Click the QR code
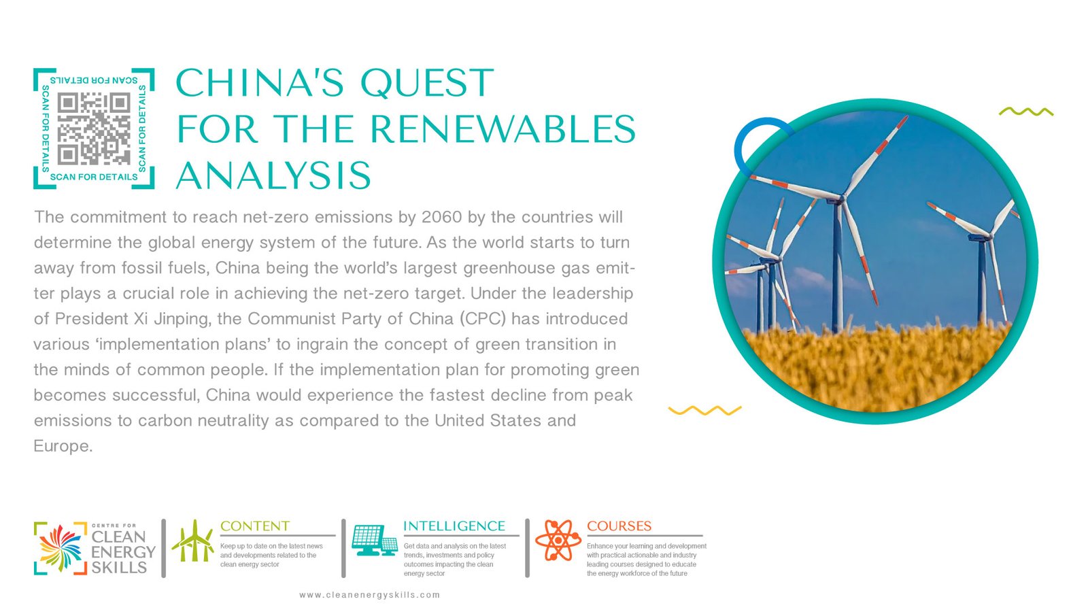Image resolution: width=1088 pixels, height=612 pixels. (x=94, y=129)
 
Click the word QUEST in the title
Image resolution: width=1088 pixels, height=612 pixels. (x=427, y=83)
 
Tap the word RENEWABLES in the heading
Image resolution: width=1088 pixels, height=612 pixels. (x=503, y=129)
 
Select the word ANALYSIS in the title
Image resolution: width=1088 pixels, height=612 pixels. (x=273, y=175)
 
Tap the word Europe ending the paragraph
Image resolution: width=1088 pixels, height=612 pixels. (x=63, y=446)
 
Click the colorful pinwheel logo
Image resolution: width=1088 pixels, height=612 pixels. (x=61, y=548)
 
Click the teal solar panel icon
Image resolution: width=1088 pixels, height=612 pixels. (x=375, y=540)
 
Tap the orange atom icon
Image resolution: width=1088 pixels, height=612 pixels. (x=558, y=540)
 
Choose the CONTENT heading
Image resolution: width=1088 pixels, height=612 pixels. (x=255, y=526)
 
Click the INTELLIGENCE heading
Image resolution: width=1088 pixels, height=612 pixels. (x=454, y=526)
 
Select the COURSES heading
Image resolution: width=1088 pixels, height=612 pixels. (x=619, y=526)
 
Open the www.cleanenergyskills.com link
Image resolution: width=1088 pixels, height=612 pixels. (x=370, y=595)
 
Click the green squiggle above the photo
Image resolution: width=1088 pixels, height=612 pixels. (x=1026, y=112)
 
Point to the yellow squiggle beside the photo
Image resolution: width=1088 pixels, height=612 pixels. (x=704, y=411)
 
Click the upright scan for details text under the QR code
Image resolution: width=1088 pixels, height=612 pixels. (x=94, y=177)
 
